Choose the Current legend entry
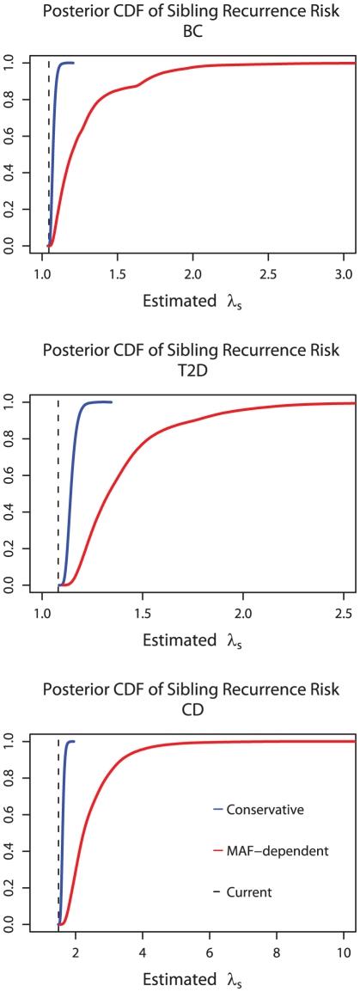(x=252, y=892)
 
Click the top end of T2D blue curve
(x=110, y=401)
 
